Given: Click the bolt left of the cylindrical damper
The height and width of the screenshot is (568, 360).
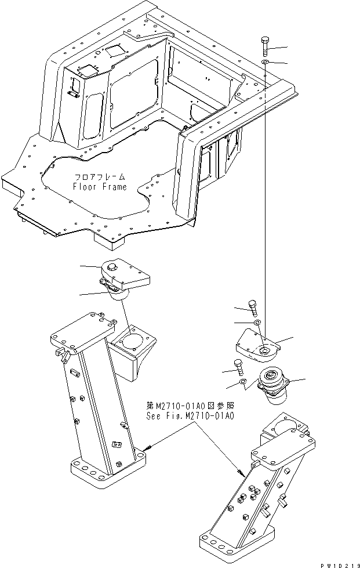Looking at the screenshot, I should (x=238, y=364).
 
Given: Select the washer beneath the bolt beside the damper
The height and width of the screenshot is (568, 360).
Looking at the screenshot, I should (x=243, y=382).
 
